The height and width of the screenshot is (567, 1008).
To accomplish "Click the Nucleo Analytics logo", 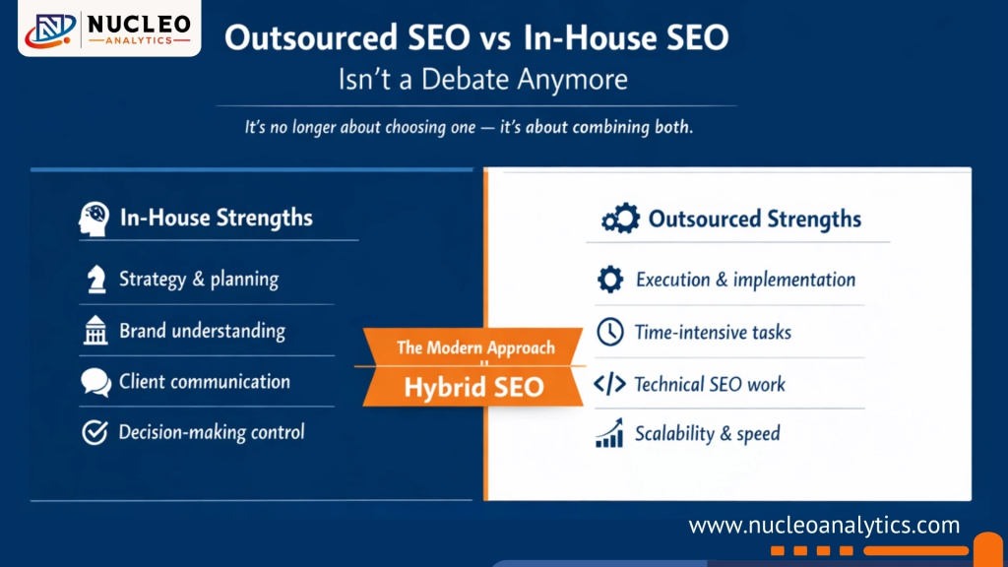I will pos(108,29).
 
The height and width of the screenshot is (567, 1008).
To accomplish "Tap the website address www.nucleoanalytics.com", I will pos(824,525).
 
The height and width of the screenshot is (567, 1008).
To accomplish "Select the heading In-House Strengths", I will pos(216,218).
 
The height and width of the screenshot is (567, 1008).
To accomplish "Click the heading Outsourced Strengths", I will pos(754,219).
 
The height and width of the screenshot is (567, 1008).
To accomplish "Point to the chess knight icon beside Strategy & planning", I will pos(95,280).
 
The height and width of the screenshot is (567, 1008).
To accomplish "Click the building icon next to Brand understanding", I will pos(95,332).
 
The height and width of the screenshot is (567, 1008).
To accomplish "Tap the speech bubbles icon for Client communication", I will pos(95,382).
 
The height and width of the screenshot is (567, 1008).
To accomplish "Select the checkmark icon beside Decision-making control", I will pos(94,432).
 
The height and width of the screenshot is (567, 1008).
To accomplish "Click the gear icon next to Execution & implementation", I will pos(610,281).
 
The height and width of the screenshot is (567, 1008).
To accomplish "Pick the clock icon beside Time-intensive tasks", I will pos(610,332).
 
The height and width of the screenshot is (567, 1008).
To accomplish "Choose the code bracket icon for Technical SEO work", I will pos(610,384).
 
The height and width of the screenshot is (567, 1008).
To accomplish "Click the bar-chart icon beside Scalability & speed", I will pos(610,433).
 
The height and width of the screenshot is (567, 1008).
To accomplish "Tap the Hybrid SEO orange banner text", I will pos(473,387).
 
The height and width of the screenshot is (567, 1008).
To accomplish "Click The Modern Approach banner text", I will pos(475,347).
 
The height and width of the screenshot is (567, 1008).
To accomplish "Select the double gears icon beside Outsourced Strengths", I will pos(620,219).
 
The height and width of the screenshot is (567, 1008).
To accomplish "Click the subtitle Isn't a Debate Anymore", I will pos(482,79).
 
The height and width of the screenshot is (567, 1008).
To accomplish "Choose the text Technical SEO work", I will pos(710,384).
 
